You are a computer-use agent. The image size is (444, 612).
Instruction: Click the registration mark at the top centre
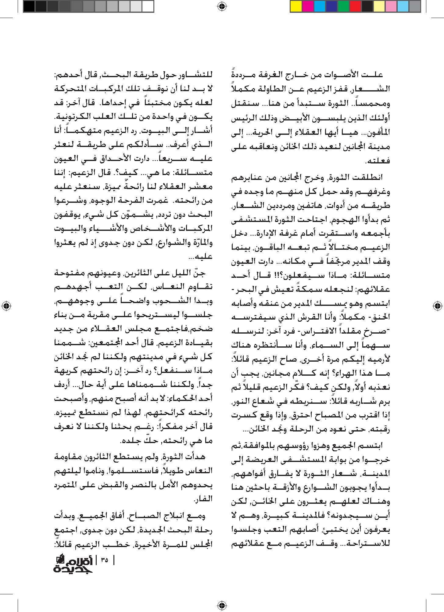click(x=222, y=6)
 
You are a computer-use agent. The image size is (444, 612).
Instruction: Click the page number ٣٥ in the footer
click(x=104, y=560)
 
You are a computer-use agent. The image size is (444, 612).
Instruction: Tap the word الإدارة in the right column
click(x=292, y=234)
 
